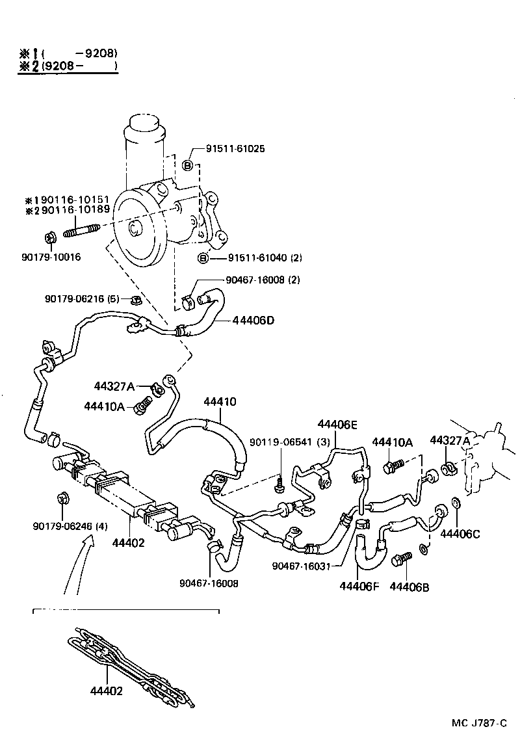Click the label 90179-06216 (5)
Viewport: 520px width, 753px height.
(81, 298)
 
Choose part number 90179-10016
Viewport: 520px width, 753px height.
(51, 258)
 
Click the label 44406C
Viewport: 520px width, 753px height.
(460, 534)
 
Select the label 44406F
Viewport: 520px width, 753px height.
(359, 586)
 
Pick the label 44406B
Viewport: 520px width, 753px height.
(409, 586)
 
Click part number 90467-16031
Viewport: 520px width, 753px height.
(301, 565)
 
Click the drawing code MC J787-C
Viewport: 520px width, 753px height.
(479, 723)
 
